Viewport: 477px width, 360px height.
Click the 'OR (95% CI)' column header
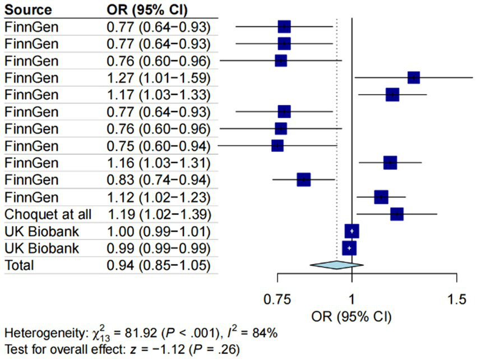tap(147, 10)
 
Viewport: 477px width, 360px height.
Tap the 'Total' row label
tap(20, 265)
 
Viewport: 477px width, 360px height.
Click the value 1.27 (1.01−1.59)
tap(159, 77)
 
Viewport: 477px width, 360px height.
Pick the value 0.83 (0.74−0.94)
tap(159, 179)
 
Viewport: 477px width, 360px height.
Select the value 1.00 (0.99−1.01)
tap(159, 231)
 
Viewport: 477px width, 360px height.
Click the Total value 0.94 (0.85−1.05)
tap(159, 265)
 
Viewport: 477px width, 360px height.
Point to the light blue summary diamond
tap(336, 265)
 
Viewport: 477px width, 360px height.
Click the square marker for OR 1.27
tap(414, 77)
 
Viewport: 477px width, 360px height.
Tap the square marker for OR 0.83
tap(303, 179)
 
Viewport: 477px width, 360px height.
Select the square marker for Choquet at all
tap(397, 214)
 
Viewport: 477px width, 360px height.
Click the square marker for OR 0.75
tap(277, 146)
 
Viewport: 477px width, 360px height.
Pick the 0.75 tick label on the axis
tap(277, 299)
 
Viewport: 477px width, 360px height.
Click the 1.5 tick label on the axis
tap(457, 299)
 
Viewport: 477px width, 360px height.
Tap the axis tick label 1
tap(351, 299)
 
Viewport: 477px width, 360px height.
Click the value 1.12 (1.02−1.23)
tap(159, 197)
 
